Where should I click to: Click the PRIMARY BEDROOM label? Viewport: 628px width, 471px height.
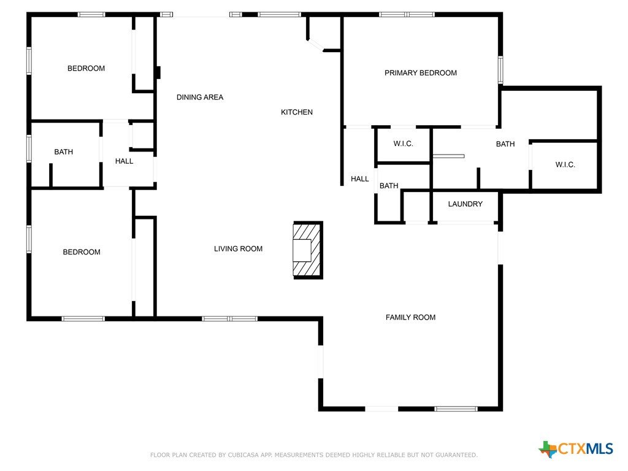pyautogui.click(x=421, y=73)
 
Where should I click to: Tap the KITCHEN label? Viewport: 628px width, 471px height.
pyautogui.click(x=297, y=112)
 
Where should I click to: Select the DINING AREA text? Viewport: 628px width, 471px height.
pyautogui.click(x=200, y=98)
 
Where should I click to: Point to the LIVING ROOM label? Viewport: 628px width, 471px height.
pyautogui.click(x=239, y=249)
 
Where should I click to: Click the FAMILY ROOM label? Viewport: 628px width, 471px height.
pyautogui.click(x=410, y=317)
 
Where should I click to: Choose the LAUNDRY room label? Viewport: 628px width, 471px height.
pyautogui.click(x=465, y=204)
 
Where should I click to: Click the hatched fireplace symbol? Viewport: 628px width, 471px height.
pyautogui.click(x=308, y=250)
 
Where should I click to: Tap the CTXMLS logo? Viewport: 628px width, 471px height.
pyautogui.click(x=576, y=448)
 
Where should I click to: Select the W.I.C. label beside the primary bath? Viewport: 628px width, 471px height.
pyautogui.click(x=565, y=164)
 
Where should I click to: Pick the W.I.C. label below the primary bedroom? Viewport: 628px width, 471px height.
pyautogui.click(x=404, y=144)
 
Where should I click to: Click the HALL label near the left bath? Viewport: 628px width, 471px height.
pyautogui.click(x=124, y=161)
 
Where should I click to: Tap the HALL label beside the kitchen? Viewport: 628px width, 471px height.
pyautogui.click(x=359, y=179)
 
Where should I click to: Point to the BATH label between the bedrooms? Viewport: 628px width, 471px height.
pyautogui.click(x=64, y=152)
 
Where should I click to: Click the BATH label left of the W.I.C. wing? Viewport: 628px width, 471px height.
pyautogui.click(x=505, y=144)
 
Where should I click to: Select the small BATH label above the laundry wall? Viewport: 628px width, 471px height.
pyautogui.click(x=389, y=186)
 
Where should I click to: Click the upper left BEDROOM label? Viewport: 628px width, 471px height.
pyautogui.click(x=86, y=69)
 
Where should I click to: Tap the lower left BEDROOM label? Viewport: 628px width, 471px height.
pyautogui.click(x=82, y=252)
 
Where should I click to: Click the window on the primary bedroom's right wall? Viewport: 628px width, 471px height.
pyautogui.click(x=500, y=70)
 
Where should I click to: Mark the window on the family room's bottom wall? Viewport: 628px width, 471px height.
pyautogui.click(x=456, y=409)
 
